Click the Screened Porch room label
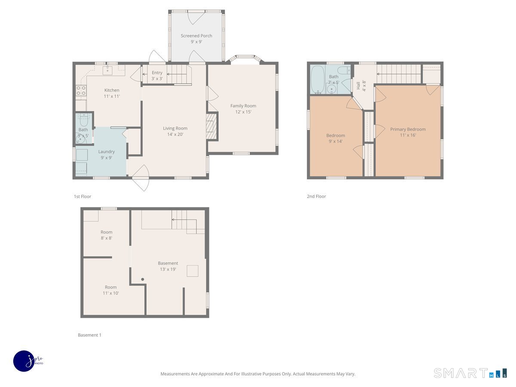click(196, 39)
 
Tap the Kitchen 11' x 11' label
click(112, 93)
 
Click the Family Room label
click(243, 109)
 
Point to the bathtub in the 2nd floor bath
click(317, 80)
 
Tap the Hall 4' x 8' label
click(361, 86)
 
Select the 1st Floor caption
click(82, 197)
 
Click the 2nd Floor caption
click(316, 197)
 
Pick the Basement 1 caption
click(89, 335)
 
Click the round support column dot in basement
click(143, 279)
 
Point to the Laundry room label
click(106, 154)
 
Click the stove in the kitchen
click(81, 90)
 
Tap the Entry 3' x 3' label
click(157, 76)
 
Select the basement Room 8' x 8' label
click(106, 235)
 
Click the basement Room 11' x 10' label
click(111, 290)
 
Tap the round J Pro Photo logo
click(24, 360)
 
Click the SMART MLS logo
click(470, 373)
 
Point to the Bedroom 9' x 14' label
click(335, 138)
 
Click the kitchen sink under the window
click(107, 70)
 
